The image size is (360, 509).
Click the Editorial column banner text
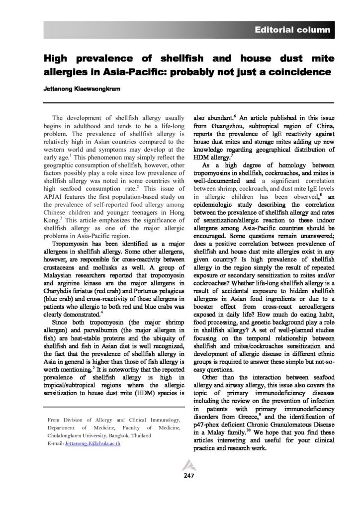[292, 30]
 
